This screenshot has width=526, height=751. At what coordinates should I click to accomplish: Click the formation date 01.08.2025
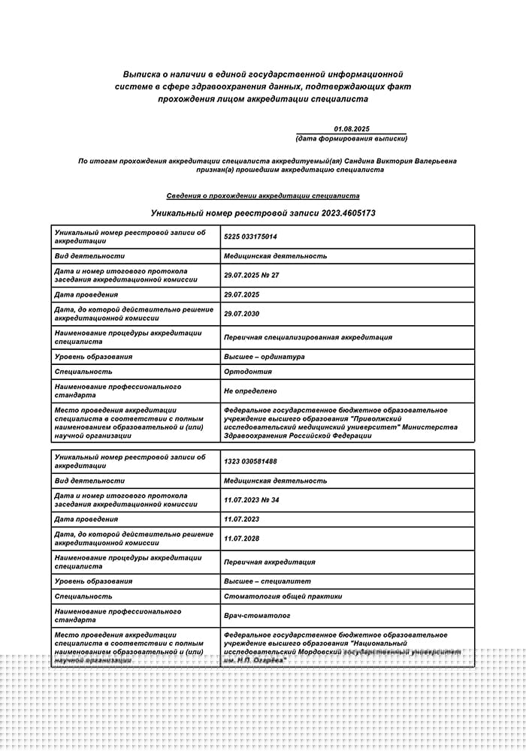pos(352,129)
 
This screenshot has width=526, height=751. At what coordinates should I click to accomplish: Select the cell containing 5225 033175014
pos(251,237)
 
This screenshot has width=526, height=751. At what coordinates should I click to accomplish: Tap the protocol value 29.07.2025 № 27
pos(252,275)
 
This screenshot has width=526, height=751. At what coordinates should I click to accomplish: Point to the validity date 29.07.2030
pos(242,314)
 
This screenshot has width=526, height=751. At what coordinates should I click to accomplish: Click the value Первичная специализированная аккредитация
pos(308,337)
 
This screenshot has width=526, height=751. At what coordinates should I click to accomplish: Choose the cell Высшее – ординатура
pos(265,357)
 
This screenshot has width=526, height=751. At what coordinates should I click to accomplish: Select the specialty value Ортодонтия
pos(248,372)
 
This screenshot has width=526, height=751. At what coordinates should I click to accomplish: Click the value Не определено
pos(250,391)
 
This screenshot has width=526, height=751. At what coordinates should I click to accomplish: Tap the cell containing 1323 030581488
pos(251,461)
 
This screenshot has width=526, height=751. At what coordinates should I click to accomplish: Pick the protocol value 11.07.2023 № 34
pos(252,500)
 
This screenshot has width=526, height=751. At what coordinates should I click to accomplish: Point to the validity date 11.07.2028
pos(242,538)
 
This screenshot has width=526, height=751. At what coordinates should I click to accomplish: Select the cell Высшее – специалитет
pos(268,581)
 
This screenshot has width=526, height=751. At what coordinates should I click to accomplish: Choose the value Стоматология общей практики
pos(283,596)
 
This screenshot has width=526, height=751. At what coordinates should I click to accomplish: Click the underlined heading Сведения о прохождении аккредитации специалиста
pos(263,196)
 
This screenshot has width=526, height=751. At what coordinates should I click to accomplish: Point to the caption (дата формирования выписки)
pos(351,139)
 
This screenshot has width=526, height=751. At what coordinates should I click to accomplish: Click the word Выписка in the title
pos(144,74)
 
